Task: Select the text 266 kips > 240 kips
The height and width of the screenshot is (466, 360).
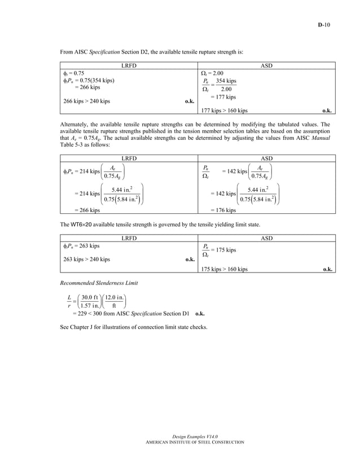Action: [85, 102]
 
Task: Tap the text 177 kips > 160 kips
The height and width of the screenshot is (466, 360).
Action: [224, 111]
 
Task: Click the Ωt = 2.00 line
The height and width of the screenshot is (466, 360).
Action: [212, 73]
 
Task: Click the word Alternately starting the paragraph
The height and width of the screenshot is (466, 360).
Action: [74, 124]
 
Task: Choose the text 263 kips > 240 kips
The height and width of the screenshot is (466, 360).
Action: [85, 260]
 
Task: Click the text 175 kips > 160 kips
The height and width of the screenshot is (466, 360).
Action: [224, 269]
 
